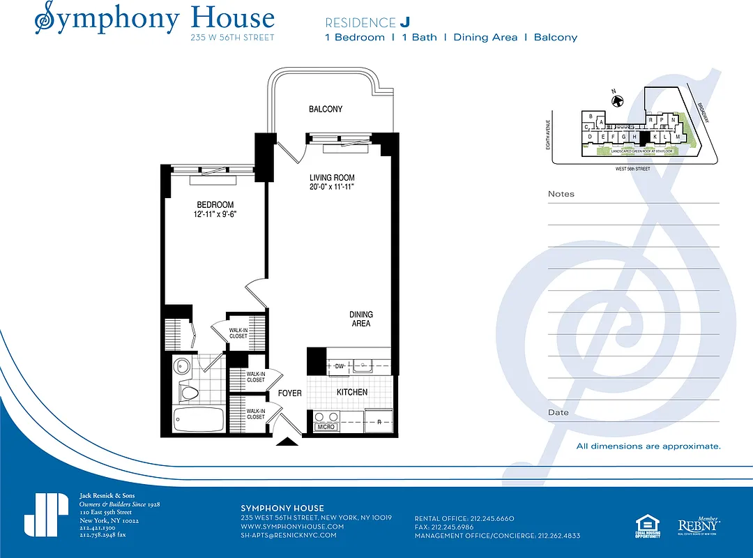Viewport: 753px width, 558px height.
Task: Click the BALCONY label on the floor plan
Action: pyautogui.click(x=326, y=110)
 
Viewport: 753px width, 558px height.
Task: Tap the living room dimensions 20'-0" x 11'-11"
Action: pyautogui.click(x=332, y=187)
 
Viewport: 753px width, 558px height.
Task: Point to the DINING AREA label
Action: pyautogui.click(x=360, y=319)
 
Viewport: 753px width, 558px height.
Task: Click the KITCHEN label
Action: pyautogui.click(x=352, y=393)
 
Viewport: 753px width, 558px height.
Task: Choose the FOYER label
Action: pyautogui.click(x=290, y=393)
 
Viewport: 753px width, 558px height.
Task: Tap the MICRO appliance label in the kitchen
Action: pyautogui.click(x=326, y=427)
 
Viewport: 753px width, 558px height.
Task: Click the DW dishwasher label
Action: pyautogui.click(x=340, y=366)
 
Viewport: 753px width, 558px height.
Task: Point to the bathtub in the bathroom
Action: pyautogui.click(x=198, y=420)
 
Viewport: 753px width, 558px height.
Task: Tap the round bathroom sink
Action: pyautogui.click(x=183, y=365)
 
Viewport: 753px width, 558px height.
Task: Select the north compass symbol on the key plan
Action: pyautogui.click(x=617, y=101)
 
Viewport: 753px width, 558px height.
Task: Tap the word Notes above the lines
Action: pyautogui.click(x=561, y=194)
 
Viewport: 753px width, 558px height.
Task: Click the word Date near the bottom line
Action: pyautogui.click(x=558, y=412)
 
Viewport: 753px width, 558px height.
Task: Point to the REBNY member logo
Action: pyautogui.click(x=699, y=525)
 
